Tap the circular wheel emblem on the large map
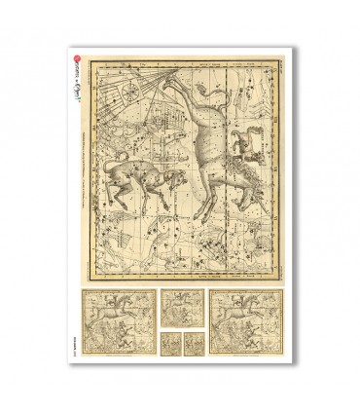point(127,93)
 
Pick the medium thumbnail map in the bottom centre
point(180,311)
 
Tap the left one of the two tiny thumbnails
point(171,344)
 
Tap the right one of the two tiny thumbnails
point(190,344)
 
